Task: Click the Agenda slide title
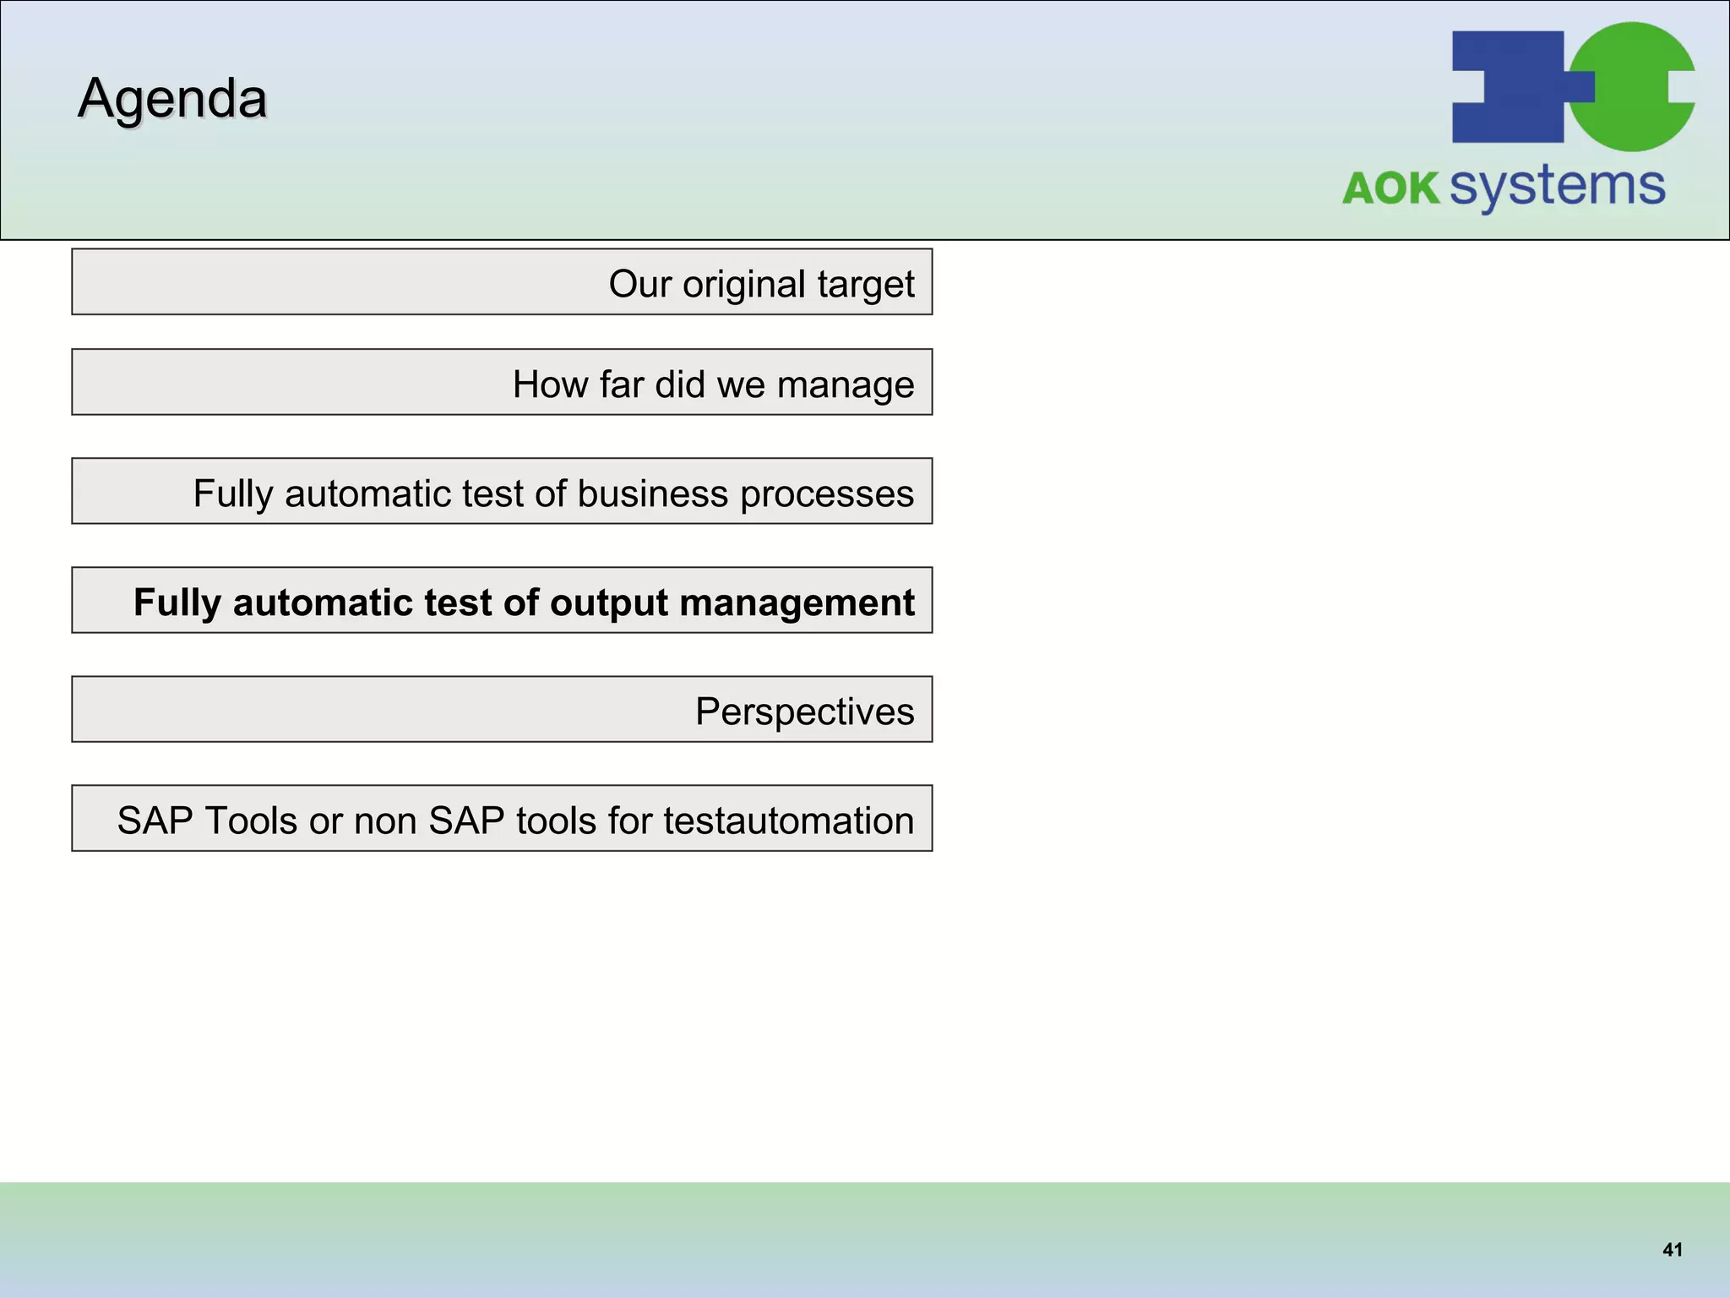(x=172, y=99)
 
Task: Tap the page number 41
(x=1672, y=1250)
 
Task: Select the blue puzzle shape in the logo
(x=1509, y=86)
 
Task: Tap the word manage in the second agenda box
(x=846, y=384)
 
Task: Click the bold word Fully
(x=177, y=603)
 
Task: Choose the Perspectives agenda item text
(x=804, y=712)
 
